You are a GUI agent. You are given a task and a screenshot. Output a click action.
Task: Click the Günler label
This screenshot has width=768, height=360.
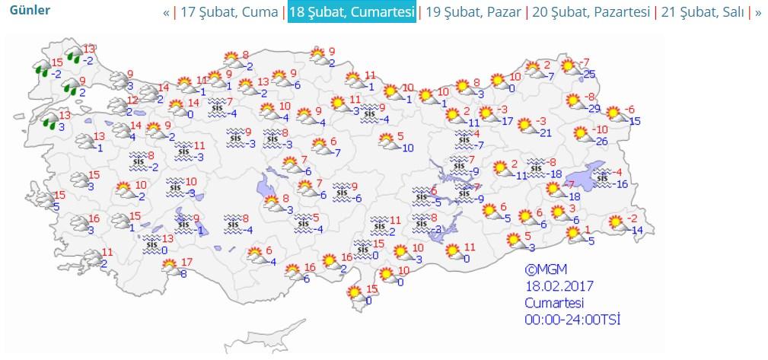29,11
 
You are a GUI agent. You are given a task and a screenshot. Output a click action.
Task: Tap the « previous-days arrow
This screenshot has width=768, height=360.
166,13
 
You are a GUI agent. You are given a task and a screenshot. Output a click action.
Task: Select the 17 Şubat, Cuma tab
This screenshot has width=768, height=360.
230,13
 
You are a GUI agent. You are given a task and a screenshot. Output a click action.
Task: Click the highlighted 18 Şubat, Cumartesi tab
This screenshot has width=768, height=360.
351,13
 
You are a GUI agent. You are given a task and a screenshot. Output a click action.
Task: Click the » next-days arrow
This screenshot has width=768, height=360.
757,13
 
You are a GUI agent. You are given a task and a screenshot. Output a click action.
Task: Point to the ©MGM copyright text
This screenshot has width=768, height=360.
546,269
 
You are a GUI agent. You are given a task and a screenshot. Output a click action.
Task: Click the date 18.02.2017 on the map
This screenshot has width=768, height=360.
559,286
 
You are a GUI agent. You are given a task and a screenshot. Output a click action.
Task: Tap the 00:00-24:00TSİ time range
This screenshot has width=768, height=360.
572,319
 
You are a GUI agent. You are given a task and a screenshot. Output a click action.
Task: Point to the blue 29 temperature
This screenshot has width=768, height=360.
594,108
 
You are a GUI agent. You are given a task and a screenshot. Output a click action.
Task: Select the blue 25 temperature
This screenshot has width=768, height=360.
588,74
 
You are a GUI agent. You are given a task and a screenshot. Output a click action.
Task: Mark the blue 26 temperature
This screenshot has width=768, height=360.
601,142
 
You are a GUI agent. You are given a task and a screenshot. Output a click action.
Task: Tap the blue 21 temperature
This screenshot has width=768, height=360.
545,133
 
